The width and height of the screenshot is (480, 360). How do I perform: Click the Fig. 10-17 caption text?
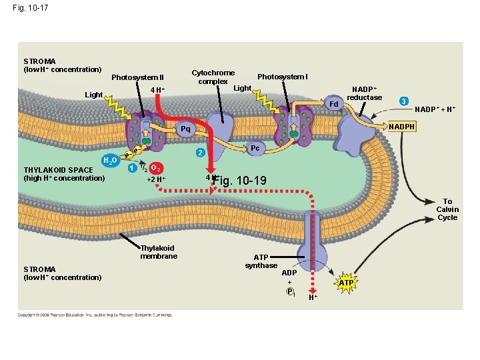click(29, 8)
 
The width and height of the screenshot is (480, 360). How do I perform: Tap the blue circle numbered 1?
click(132, 167)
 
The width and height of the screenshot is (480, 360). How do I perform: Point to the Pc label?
click(255, 148)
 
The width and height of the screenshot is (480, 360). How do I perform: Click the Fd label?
click(334, 105)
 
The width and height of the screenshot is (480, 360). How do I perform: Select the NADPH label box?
click(402, 126)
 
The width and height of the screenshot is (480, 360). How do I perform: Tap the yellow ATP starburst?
click(346, 283)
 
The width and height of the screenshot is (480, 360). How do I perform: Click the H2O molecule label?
click(111, 161)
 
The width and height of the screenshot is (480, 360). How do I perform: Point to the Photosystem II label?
click(137, 77)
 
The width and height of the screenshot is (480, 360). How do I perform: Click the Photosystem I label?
click(282, 77)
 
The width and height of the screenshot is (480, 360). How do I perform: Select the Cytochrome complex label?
click(213, 77)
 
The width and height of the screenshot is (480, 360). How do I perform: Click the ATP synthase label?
click(261, 261)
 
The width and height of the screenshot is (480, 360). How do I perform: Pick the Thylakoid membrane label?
click(158, 252)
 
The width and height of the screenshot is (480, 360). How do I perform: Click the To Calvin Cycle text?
click(447, 209)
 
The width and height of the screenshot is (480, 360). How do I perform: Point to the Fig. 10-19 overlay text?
click(242, 181)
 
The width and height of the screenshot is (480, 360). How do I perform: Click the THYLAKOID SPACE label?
click(64, 174)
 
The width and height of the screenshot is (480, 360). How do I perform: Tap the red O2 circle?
click(155, 167)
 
